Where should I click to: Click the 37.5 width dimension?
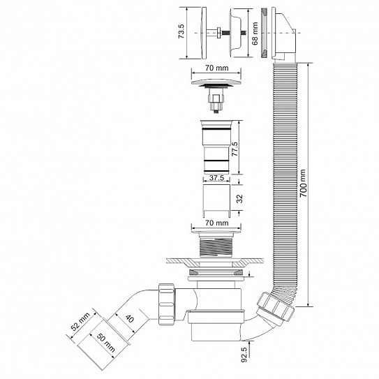217,178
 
